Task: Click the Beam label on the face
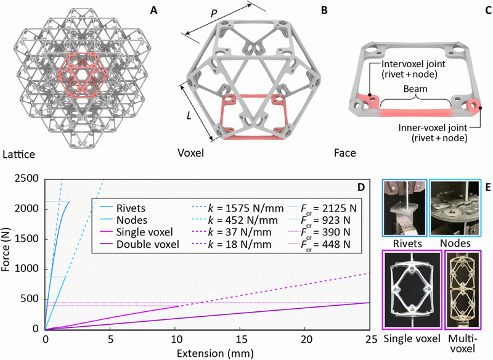coord(404,88)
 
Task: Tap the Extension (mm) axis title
coord(206,354)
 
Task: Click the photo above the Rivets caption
coord(404,207)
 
